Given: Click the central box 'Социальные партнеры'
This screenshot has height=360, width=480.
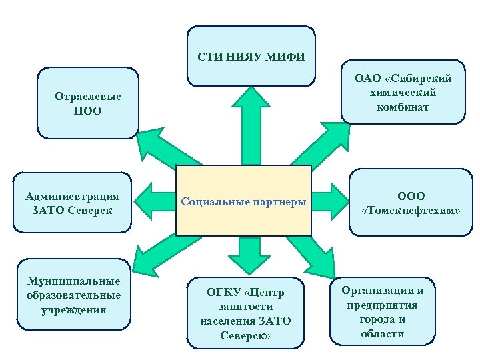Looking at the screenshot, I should coord(244,201).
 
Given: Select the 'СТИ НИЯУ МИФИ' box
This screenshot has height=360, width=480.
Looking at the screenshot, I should coord(251,56).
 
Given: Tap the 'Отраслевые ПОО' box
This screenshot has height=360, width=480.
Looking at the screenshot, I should coord(87,103).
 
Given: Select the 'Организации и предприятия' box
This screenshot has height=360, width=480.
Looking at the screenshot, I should coord(383,311).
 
